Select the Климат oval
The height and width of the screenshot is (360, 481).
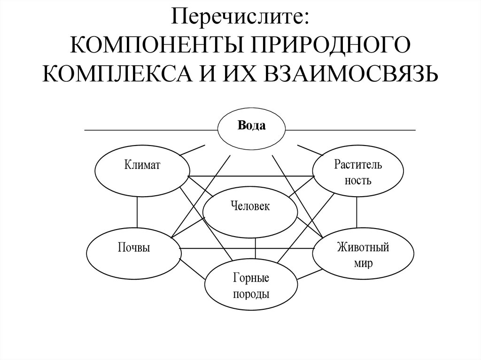click(142, 168)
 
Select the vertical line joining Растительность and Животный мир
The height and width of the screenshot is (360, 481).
click(357, 213)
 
